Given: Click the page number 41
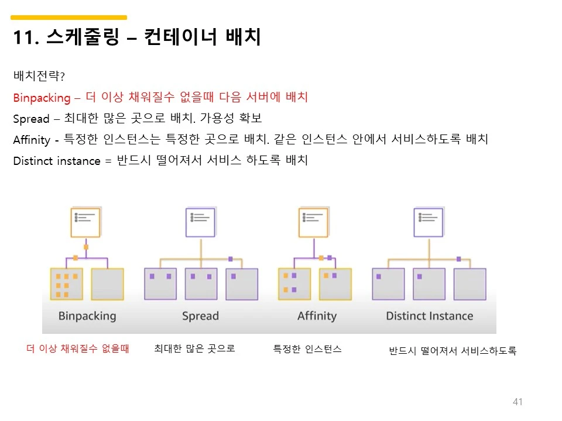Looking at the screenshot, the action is click(x=517, y=402).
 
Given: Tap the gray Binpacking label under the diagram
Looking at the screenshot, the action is click(x=87, y=316).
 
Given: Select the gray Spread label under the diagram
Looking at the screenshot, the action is click(x=200, y=316).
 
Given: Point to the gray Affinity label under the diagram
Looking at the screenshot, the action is click(x=317, y=316).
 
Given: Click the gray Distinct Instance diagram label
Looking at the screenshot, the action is click(x=429, y=316).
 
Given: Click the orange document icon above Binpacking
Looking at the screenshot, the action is click(x=85, y=222).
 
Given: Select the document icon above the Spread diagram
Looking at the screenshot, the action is click(x=200, y=222).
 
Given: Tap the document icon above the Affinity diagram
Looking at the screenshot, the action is click(x=313, y=222).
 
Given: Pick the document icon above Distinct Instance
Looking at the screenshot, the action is click(x=428, y=222).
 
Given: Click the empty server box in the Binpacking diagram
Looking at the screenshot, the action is click(x=108, y=284).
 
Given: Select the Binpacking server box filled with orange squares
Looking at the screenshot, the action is click(x=66, y=284).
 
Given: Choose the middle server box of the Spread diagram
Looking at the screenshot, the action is click(x=201, y=284).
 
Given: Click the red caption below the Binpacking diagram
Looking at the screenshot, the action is click(x=78, y=349).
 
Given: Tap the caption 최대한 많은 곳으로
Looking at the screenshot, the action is click(x=194, y=349).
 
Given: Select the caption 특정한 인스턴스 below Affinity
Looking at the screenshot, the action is click(x=307, y=349).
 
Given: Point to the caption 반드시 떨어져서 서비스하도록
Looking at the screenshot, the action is click(x=453, y=351).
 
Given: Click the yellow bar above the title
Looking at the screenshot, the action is click(x=69, y=18).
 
